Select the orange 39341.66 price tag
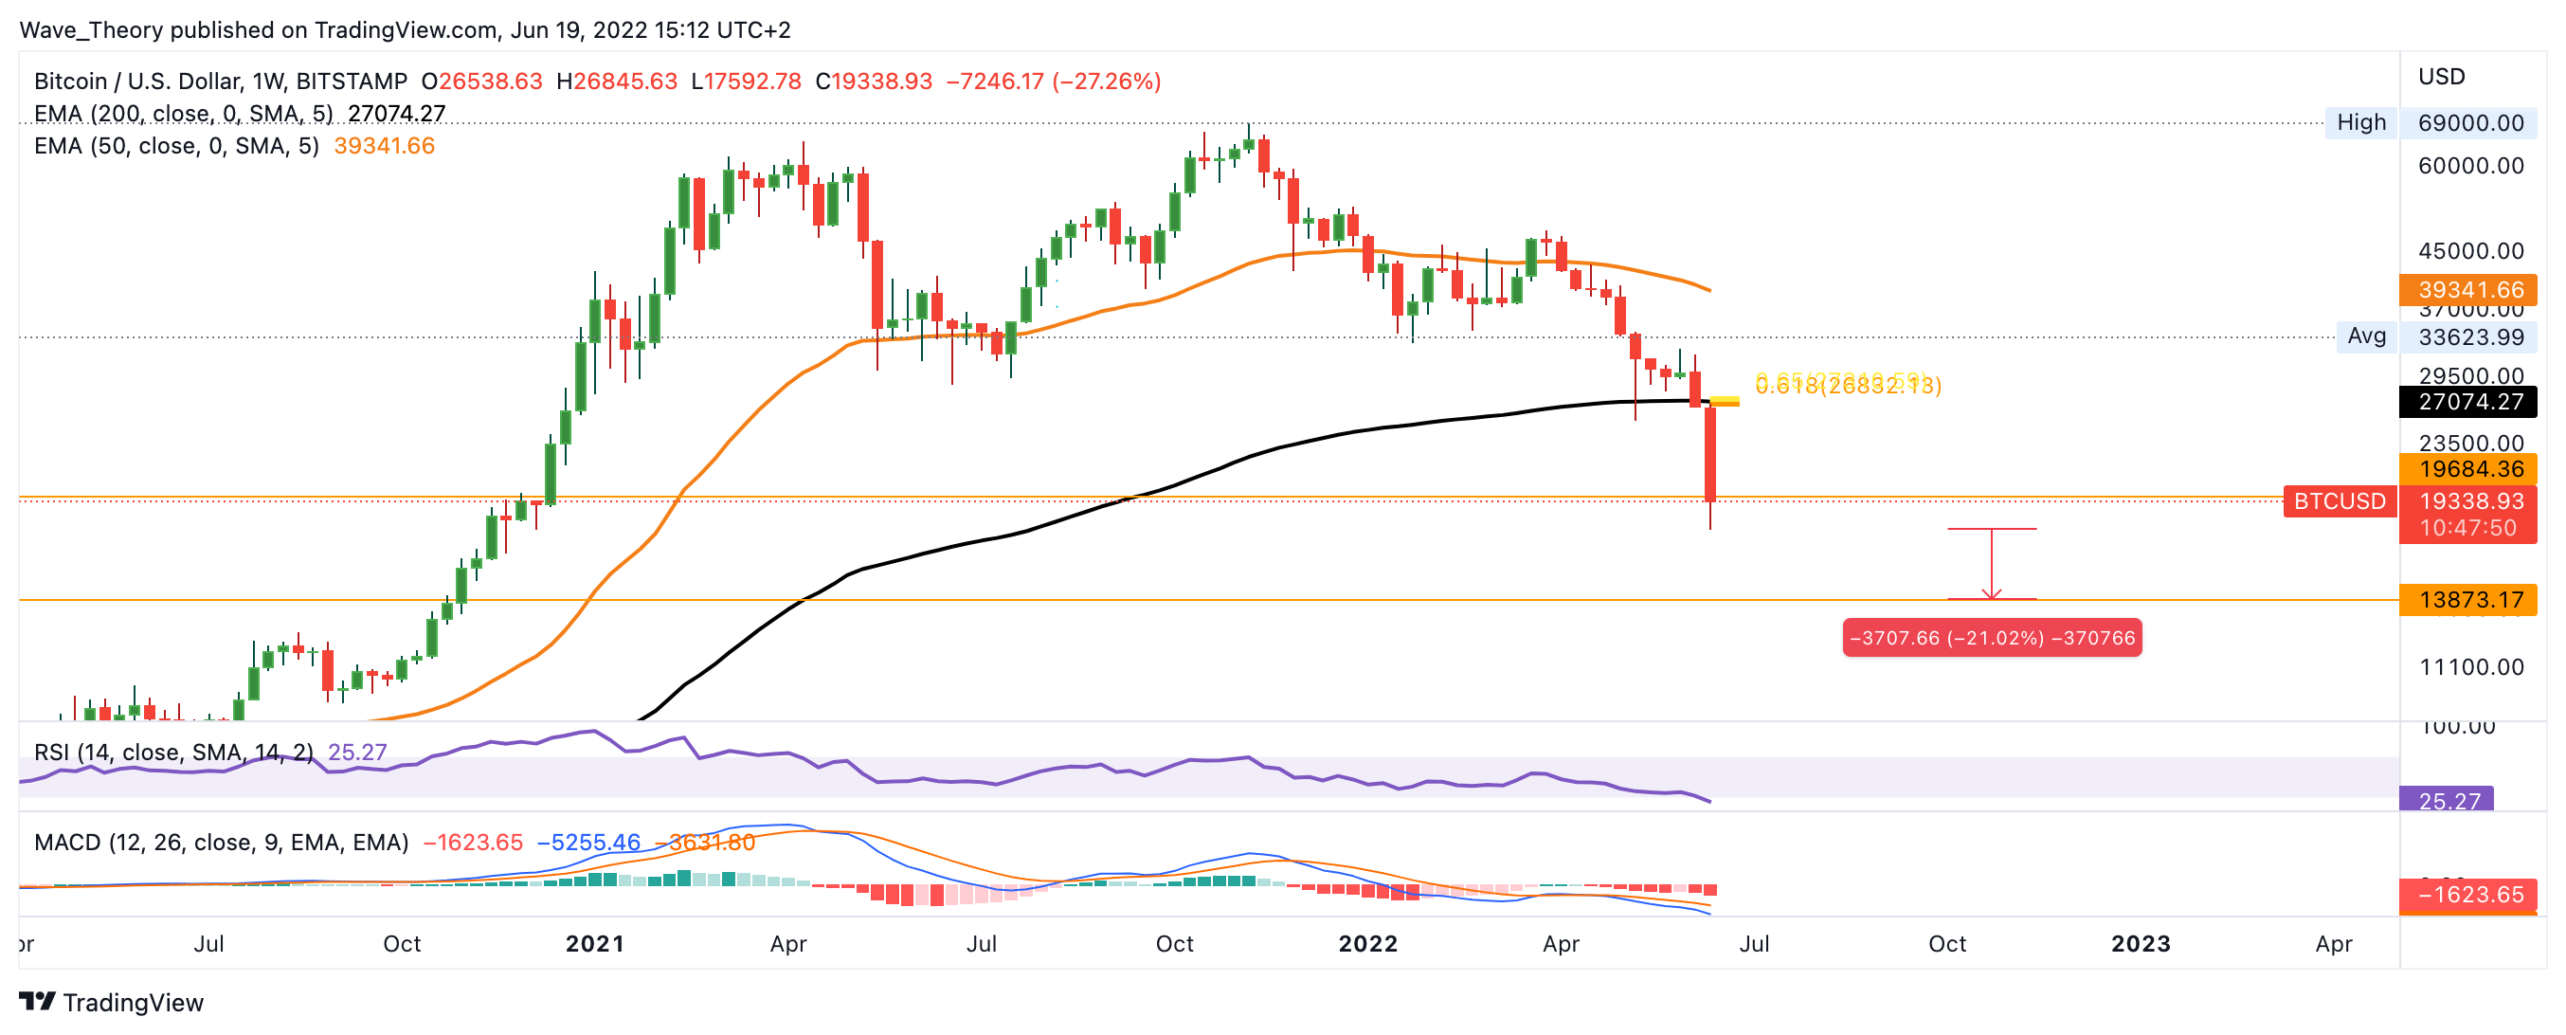pos(2469,289)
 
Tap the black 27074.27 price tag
pos(2469,402)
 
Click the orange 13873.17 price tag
pos(2469,600)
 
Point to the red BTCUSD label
pos(2339,501)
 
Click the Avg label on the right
pos(2366,336)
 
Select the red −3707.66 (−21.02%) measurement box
pos(1991,638)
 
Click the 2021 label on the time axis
pos(595,943)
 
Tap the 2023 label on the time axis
pos(2140,943)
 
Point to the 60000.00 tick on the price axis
pos(2470,165)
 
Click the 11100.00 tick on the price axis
pos(2470,666)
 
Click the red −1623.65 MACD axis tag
pos(2469,895)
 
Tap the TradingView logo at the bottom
pos(111,1002)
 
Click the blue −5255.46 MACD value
pos(587,843)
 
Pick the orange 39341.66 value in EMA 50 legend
pos(384,145)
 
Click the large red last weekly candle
pos(1710,453)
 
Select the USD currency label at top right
pos(2442,77)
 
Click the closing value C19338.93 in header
pos(874,81)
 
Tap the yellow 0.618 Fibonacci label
pos(1848,386)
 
